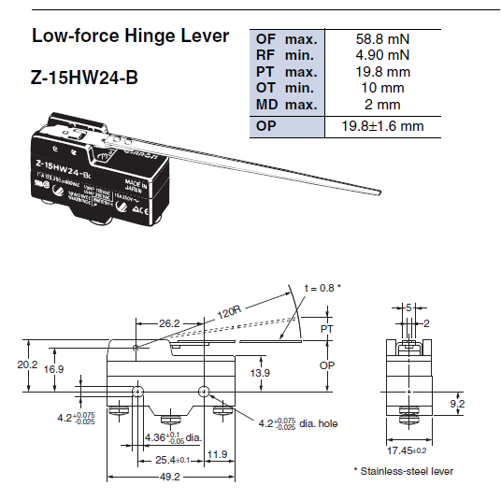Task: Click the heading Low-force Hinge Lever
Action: [x=130, y=37]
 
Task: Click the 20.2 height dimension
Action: [x=29, y=364]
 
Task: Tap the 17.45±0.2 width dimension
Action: [x=408, y=449]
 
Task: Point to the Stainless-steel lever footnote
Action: [x=403, y=471]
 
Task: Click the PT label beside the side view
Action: [x=325, y=329]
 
